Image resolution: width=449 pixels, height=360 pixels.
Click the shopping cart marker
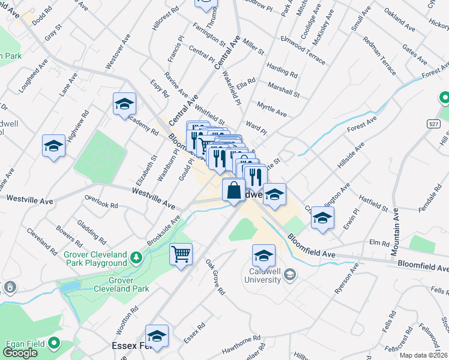pyautogui.click(x=181, y=254)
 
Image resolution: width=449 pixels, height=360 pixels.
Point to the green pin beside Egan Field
pyautogui.click(x=55, y=344)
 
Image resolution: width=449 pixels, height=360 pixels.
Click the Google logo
pyautogui.click(x=20, y=353)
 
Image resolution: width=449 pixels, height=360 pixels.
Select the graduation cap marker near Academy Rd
pyautogui.click(x=124, y=106)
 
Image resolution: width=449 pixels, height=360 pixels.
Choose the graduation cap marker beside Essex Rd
pyautogui.click(x=157, y=337)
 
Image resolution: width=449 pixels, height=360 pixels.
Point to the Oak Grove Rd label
pyautogui.click(x=214, y=277)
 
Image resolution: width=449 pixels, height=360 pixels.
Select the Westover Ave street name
pyautogui.click(x=118, y=53)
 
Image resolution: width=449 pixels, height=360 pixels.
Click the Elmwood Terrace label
pyautogui.click(x=303, y=50)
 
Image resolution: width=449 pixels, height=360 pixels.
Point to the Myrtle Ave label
pyautogui.click(x=271, y=109)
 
